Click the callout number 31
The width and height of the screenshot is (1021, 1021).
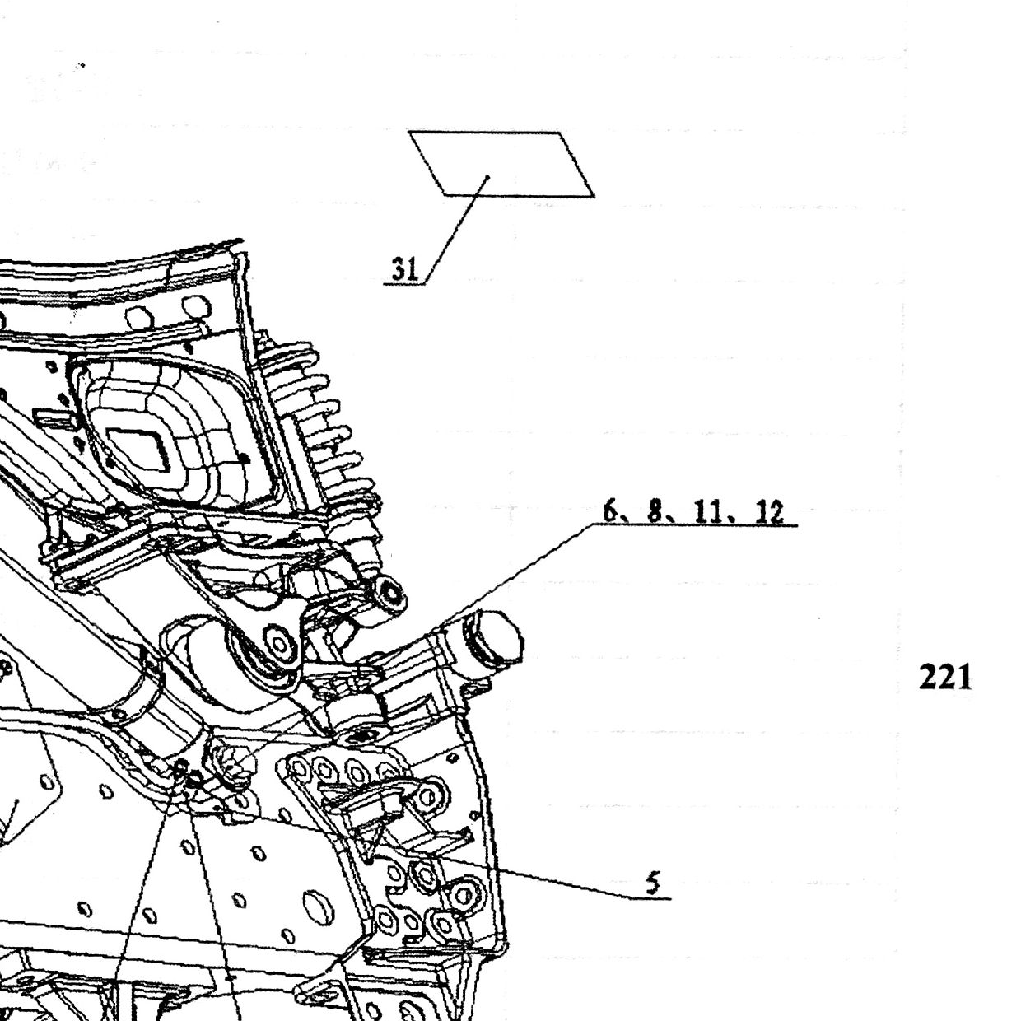point(405,269)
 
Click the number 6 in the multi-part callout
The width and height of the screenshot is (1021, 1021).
point(611,512)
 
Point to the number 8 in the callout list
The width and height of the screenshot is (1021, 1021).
point(656,512)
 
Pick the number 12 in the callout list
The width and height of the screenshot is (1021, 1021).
point(769,512)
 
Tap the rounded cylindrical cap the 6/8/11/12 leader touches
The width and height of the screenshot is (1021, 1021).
point(492,636)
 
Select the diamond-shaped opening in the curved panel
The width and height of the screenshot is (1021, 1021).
point(139,450)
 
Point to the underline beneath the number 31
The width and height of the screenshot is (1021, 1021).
point(403,285)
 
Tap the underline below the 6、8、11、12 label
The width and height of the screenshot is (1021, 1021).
point(694,525)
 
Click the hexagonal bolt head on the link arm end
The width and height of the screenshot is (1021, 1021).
point(277,644)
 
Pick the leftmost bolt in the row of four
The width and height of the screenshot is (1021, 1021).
point(298,767)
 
